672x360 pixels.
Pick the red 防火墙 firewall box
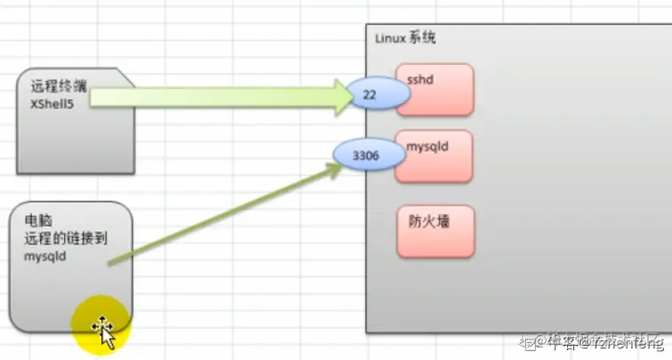[436, 231]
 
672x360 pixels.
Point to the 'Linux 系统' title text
[405, 39]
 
